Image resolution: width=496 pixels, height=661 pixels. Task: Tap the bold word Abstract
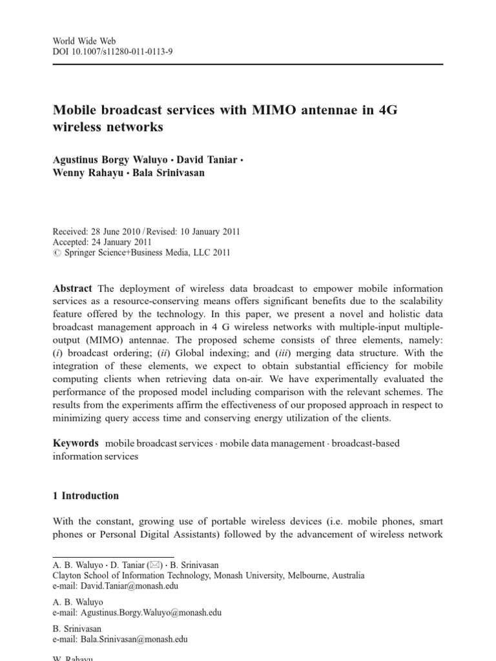coord(72,288)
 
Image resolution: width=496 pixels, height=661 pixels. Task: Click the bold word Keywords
coord(76,443)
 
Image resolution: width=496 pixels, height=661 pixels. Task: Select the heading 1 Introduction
coord(85,496)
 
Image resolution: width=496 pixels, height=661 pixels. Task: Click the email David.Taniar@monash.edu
coord(129,586)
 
